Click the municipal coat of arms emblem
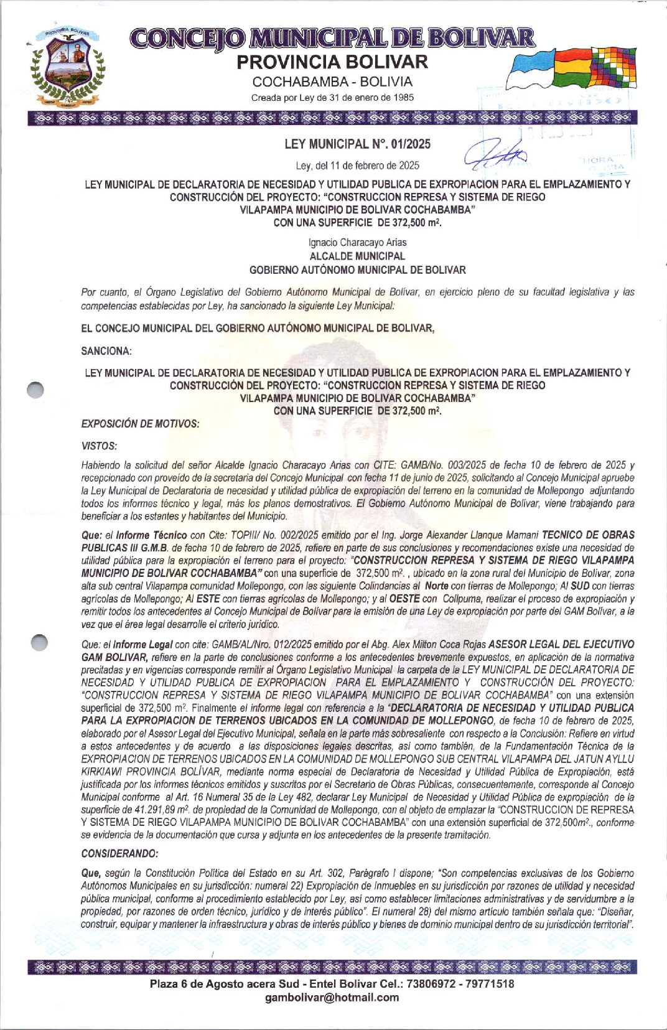(67, 67)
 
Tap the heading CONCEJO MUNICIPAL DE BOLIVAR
(332, 38)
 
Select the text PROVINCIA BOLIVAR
(332, 62)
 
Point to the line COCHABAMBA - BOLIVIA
(332, 82)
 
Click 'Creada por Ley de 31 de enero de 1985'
(332, 98)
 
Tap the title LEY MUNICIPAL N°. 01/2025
(357, 144)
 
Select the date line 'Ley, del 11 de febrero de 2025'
(357, 166)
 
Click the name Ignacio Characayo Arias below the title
(357, 243)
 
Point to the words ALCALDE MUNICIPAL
(357, 256)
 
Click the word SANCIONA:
(106, 351)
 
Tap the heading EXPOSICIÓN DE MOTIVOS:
(140, 424)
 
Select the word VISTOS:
(99, 446)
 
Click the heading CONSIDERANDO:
(119, 853)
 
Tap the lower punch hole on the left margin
(39, 642)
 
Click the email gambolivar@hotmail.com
(332, 998)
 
